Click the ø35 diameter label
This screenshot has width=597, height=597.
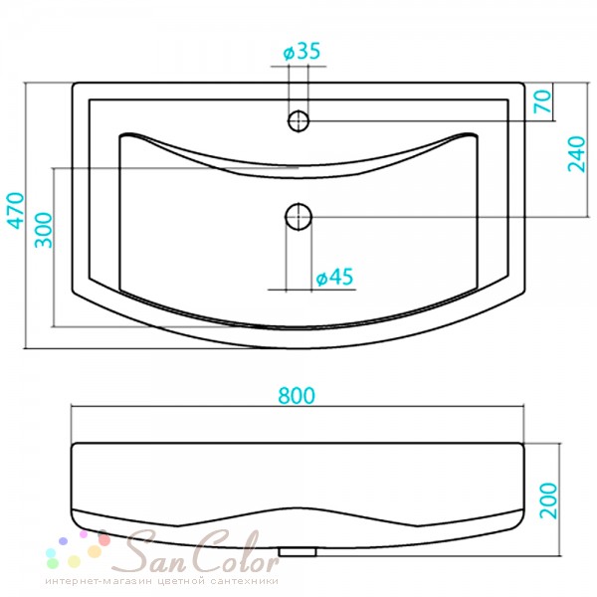pyautogui.click(x=301, y=52)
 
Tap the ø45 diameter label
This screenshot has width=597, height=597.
pyautogui.click(x=334, y=277)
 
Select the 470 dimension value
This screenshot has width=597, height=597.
pyautogui.click(x=16, y=211)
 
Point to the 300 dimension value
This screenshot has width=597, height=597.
pyautogui.click(x=43, y=230)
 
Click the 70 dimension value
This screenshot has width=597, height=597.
pyautogui.click(x=543, y=100)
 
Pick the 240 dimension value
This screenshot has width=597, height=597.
pyautogui.click(x=576, y=154)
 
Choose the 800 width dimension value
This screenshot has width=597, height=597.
pyautogui.click(x=297, y=395)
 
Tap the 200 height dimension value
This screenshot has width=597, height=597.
pyautogui.click(x=548, y=500)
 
